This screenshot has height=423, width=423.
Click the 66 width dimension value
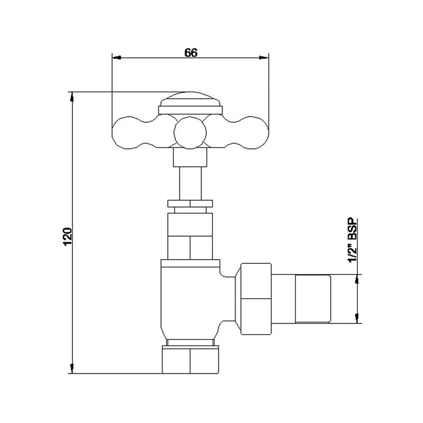click(191, 52)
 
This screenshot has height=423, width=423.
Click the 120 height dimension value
click(68, 236)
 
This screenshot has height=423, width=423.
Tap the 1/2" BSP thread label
click(353, 240)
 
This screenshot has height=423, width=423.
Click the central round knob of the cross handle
click(190, 133)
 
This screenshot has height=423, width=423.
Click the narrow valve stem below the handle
click(190, 183)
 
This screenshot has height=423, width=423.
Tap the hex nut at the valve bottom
click(190, 360)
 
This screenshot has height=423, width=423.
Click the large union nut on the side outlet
click(255, 299)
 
